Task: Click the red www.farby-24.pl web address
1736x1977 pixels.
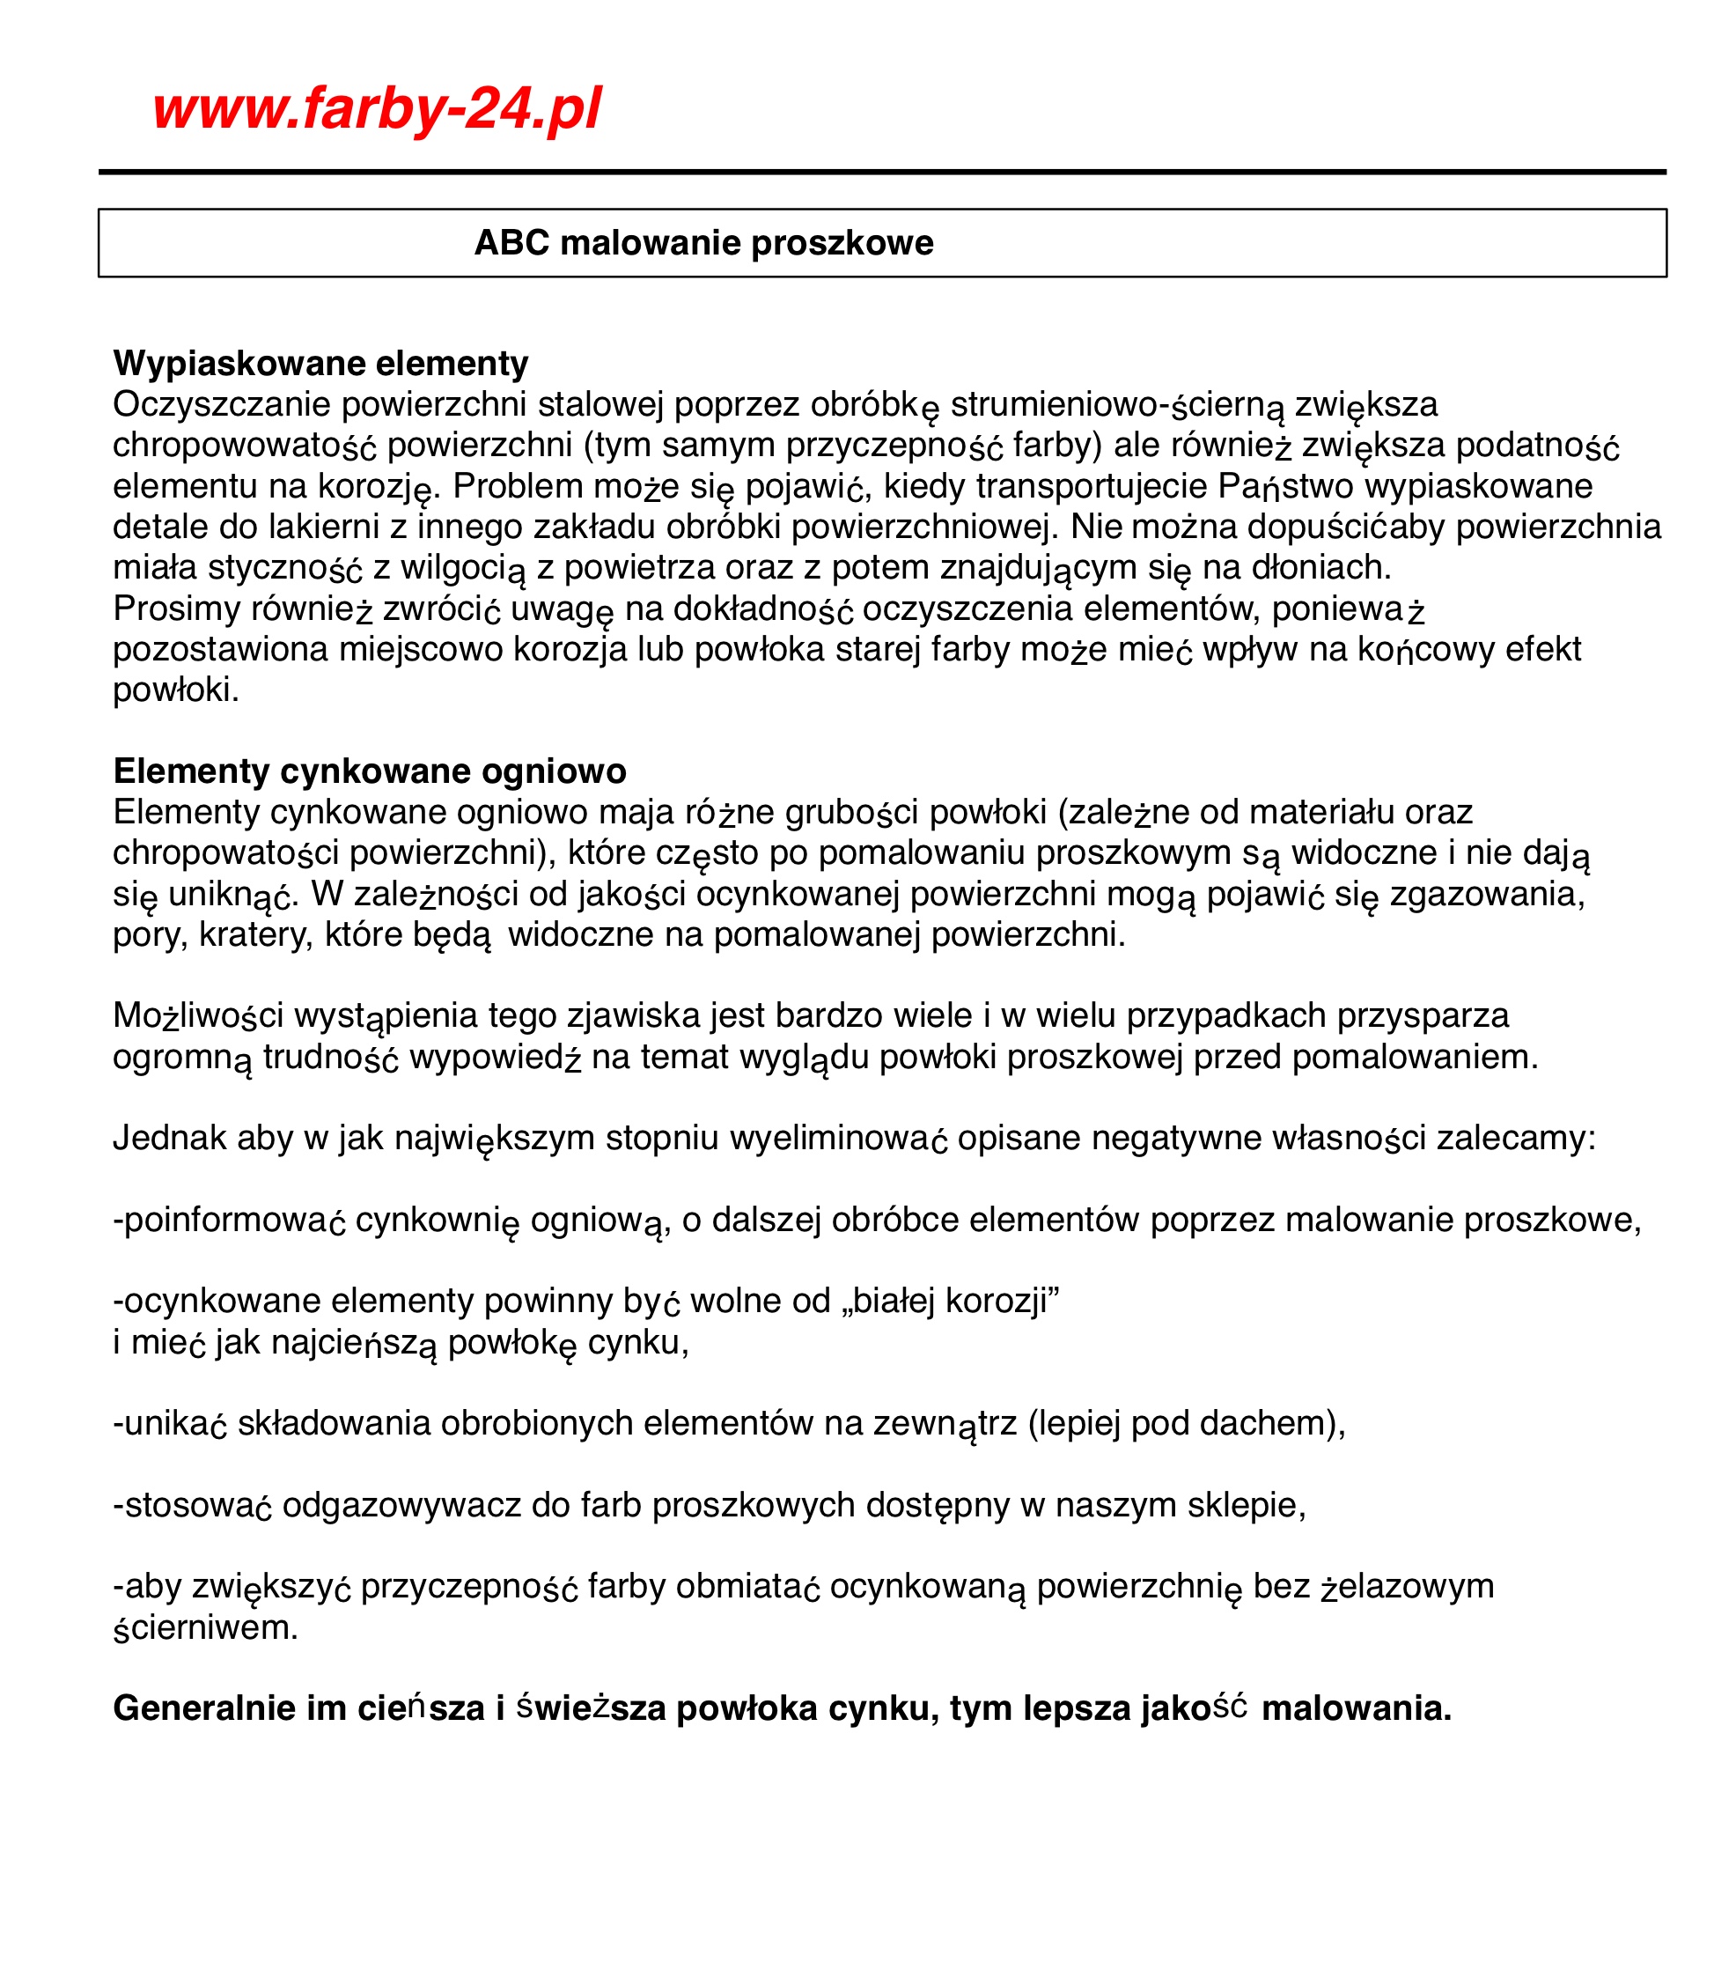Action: pos(376,107)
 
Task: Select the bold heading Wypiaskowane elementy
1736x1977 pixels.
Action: pos(320,364)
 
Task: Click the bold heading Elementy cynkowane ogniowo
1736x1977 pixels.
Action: pos(370,771)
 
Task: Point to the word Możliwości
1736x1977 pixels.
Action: pos(197,1015)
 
